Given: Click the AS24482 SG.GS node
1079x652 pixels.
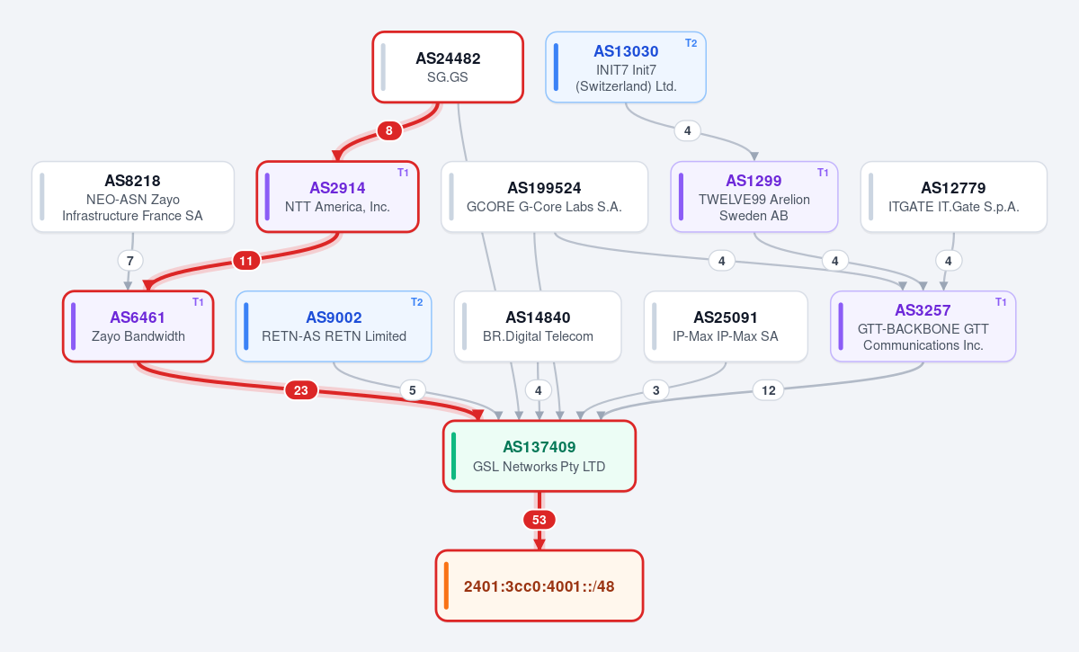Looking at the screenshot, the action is coord(448,67).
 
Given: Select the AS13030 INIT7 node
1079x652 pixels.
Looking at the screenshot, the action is coord(626,67).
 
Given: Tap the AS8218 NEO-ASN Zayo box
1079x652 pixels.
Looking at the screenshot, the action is coord(133,197).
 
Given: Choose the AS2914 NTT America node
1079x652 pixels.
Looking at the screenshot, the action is coord(337,197).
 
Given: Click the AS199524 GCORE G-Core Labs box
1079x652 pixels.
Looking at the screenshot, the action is coord(544,197).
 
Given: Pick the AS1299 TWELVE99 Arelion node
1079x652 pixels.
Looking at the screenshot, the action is coord(754,197).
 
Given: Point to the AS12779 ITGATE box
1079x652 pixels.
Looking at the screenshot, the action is coord(954,197).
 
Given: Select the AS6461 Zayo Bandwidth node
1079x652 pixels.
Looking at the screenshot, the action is coord(138,326).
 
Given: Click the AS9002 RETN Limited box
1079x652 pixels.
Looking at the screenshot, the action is coord(334,326).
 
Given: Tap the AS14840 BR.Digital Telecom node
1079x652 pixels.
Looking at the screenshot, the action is coord(538,326).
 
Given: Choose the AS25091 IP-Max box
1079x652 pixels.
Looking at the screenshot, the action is coord(726,326).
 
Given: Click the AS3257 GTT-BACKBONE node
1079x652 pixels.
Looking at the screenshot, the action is coord(923,326).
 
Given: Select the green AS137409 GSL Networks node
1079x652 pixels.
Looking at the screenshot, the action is coord(539,456).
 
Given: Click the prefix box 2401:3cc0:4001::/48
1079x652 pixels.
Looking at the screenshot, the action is coord(539,585).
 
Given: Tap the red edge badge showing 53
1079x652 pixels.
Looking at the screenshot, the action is coord(539,520).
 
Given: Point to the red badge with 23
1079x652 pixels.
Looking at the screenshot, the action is coord(301,390).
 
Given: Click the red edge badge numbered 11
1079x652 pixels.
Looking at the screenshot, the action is coord(246,261).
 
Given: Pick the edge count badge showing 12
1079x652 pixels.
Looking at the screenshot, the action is coord(768,390).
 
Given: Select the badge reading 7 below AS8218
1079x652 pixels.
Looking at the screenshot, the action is coord(130,261).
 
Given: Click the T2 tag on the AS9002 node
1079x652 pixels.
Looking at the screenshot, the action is coord(416,302).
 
